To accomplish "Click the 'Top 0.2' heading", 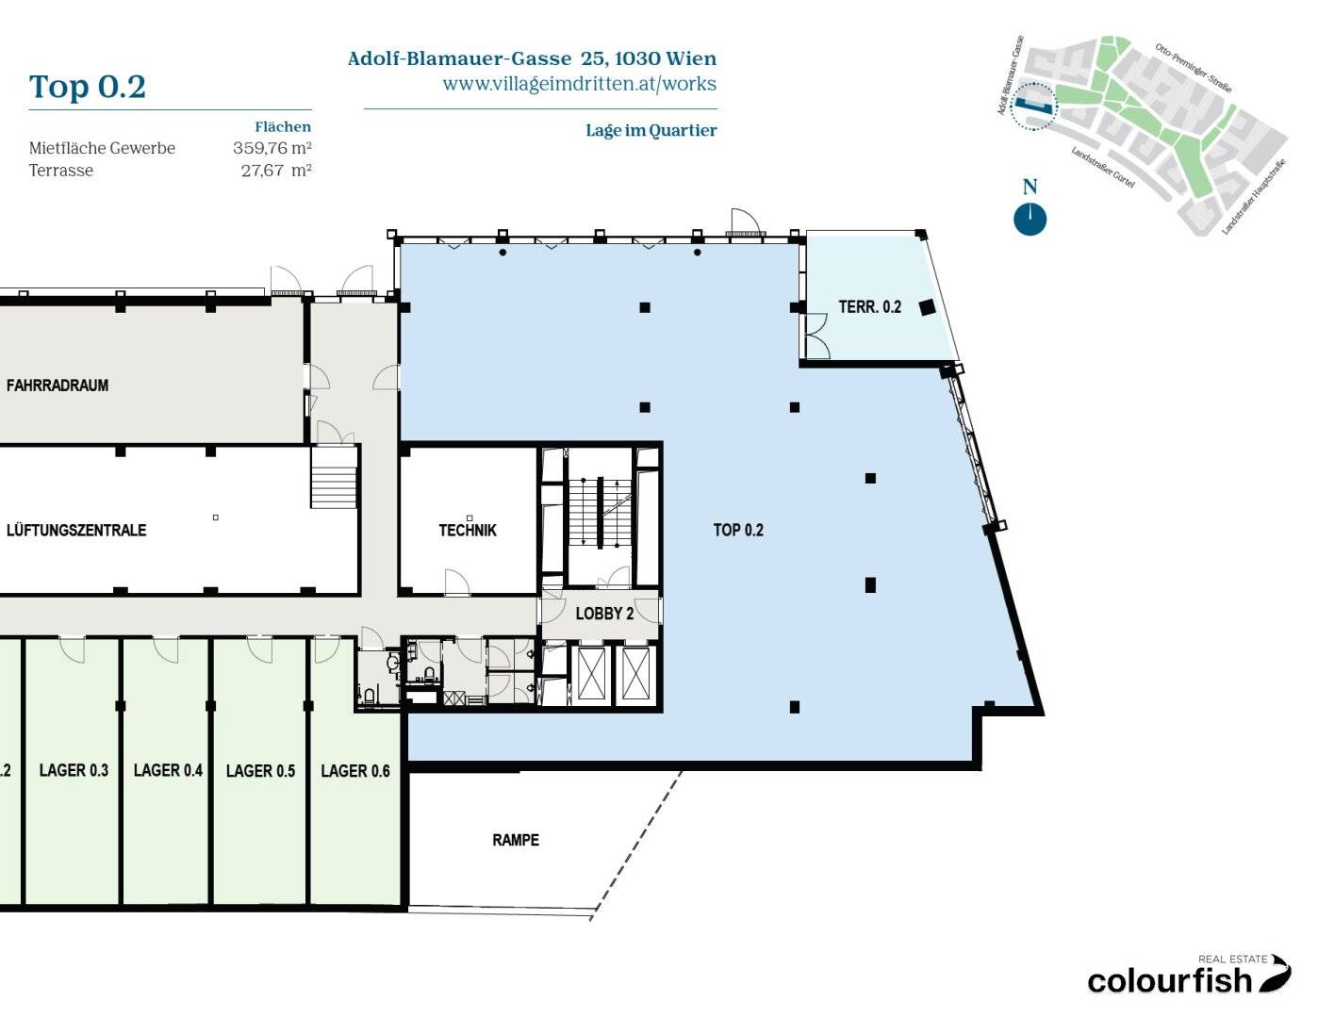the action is (x=88, y=87).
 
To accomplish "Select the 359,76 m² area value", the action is (x=272, y=148).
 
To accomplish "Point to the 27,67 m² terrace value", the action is (x=276, y=171).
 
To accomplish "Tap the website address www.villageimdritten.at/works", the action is (x=579, y=84).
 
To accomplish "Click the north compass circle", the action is (x=1030, y=219).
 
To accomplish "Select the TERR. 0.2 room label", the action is (x=870, y=306).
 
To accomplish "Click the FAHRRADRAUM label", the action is (x=58, y=385).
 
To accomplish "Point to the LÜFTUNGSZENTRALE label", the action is (x=76, y=530).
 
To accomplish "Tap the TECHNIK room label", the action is (x=468, y=531).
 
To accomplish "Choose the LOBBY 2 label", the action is (x=604, y=614).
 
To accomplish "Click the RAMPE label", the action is (x=516, y=840).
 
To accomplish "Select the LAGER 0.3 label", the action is (x=74, y=770).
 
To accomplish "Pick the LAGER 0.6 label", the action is (x=355, y=771).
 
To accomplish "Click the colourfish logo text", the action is (x=1169, y=981).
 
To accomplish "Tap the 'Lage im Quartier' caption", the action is (x=651, y=130).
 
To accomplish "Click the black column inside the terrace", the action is (x=927, y=307).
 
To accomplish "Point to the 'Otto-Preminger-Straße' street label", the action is (x=1193, y=68).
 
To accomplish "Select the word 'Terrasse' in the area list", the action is (x=61, y=171).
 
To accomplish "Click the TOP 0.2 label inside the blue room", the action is (x=738, y=530).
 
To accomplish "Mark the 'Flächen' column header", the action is (x=283, y=126).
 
